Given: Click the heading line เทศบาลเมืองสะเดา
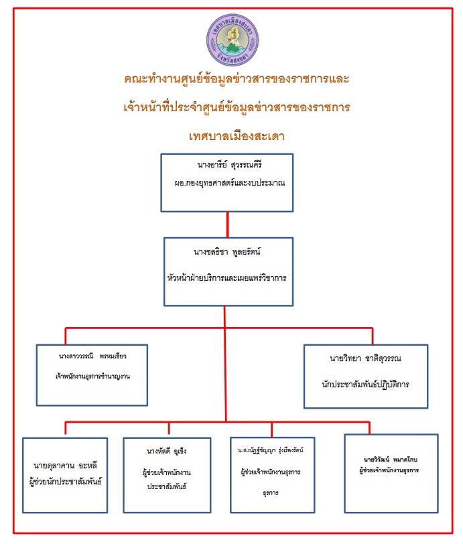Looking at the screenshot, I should click(x=237, y=136).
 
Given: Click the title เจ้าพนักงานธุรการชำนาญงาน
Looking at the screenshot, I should click(x=92, y=377).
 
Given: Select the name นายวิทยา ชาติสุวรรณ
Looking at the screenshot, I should click(x=366, y=358).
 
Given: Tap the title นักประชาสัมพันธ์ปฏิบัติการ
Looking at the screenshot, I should click(x=366, y=385).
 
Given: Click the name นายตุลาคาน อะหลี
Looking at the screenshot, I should click(x=65, y=465).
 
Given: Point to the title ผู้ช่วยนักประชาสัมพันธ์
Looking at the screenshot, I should click(x=65, y=480).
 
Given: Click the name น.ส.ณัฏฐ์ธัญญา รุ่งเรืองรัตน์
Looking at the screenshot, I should click(x=271, y=450).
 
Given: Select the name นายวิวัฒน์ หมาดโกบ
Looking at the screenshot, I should click(x=391, y=460).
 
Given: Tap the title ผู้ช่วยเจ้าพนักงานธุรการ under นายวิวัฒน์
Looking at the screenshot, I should click(x=391, y=470).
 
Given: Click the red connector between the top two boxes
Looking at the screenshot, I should click(x=228, y=224).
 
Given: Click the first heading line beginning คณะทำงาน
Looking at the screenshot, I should click(x=237, y=78).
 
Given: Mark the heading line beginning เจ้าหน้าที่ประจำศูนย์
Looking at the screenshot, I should click(x=237, y=107).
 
